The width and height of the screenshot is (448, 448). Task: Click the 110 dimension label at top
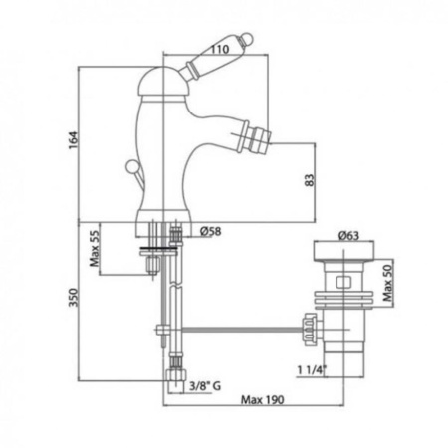pyautogui.click(x=220, y=49)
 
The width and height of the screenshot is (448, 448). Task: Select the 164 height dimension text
pyautogui.click(x=73, y=140)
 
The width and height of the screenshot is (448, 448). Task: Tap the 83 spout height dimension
pyautogui.click(x=309, y=180)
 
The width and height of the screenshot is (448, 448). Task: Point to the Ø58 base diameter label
pyautogui.click(x=211, y=231)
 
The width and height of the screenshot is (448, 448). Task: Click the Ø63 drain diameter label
pyautogui.click(x=348, y=236)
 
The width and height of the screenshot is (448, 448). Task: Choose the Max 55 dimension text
pyautogui.click(x=95, y=249)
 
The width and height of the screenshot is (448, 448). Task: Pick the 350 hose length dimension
pyautogui.click(x=73, y=298)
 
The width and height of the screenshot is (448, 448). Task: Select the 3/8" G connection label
pyautogui.click(x=205, y=386)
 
